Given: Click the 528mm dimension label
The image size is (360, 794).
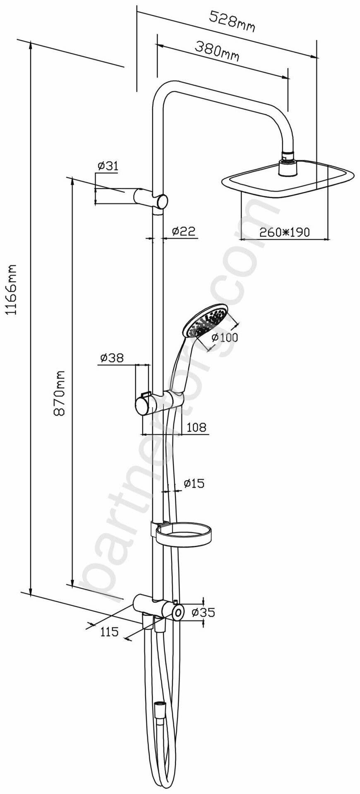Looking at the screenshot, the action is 232,22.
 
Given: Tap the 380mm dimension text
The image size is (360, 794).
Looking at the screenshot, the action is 217,51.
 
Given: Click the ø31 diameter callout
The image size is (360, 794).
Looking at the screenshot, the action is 108,166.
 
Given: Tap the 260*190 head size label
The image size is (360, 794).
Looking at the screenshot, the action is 284,232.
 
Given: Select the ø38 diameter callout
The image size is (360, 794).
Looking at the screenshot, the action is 111,358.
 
